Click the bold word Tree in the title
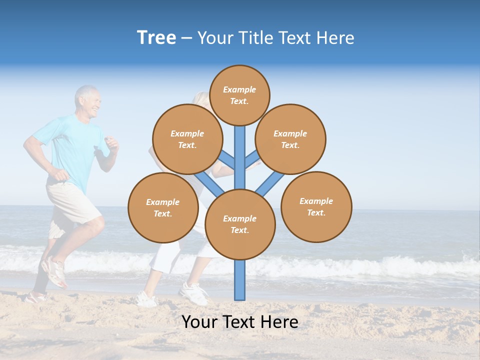click(x=156, y=38)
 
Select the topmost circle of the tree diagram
click(x=239, y=95)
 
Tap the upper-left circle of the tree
click(x=187, y=139)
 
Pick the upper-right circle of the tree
click(x=290, y=139)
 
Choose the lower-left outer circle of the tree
click(x=163, y=207)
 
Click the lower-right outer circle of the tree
click(x=316, y=206)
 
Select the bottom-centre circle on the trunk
click(x=240, y=224)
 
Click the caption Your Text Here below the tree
click(x=240, y=322)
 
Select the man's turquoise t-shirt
click(x=75, y=150)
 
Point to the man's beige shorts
click(x=72, y=202)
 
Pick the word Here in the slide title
click(x=336, y=38)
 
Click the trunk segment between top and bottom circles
click(x=240, y=157)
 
